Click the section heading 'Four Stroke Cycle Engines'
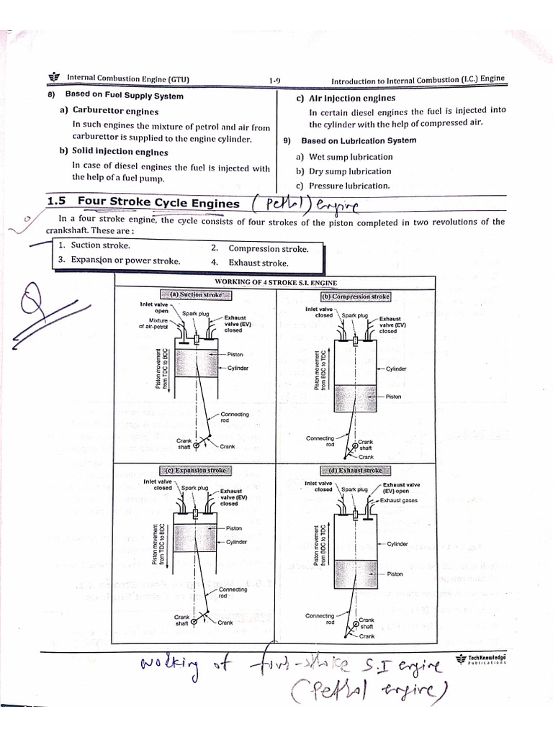[x=158, y=204]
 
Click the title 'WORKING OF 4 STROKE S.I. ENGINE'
[x=276, y=283]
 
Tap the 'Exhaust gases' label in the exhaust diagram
[x=399, y=500]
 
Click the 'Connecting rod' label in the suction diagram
[x=235, y=417]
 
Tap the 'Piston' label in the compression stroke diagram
[x=394, y=397]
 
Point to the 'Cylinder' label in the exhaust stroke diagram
[x=397, y=544]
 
